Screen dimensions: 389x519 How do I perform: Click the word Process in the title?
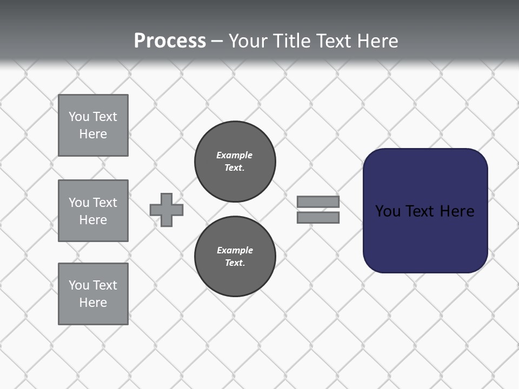(x=170, y=41)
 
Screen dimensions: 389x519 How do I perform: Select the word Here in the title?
(x=377, y=41)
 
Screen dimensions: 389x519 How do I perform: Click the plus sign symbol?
(x=167, y=210)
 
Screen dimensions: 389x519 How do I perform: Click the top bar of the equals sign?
(x=318, y=202)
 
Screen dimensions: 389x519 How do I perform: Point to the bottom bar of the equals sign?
(x=318, y=217)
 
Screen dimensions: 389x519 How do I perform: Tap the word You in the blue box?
(x=388, y=211)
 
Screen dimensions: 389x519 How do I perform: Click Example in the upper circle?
(x=234, y=155)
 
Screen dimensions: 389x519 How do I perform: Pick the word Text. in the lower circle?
(x=235, y=263)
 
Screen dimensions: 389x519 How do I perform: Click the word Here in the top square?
(x=93, y=134)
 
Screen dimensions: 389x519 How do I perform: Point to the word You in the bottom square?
(x=79, y=285)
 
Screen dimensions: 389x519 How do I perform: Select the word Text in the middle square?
(x=105, y=203)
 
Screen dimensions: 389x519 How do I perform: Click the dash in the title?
(x=217, y=41)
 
